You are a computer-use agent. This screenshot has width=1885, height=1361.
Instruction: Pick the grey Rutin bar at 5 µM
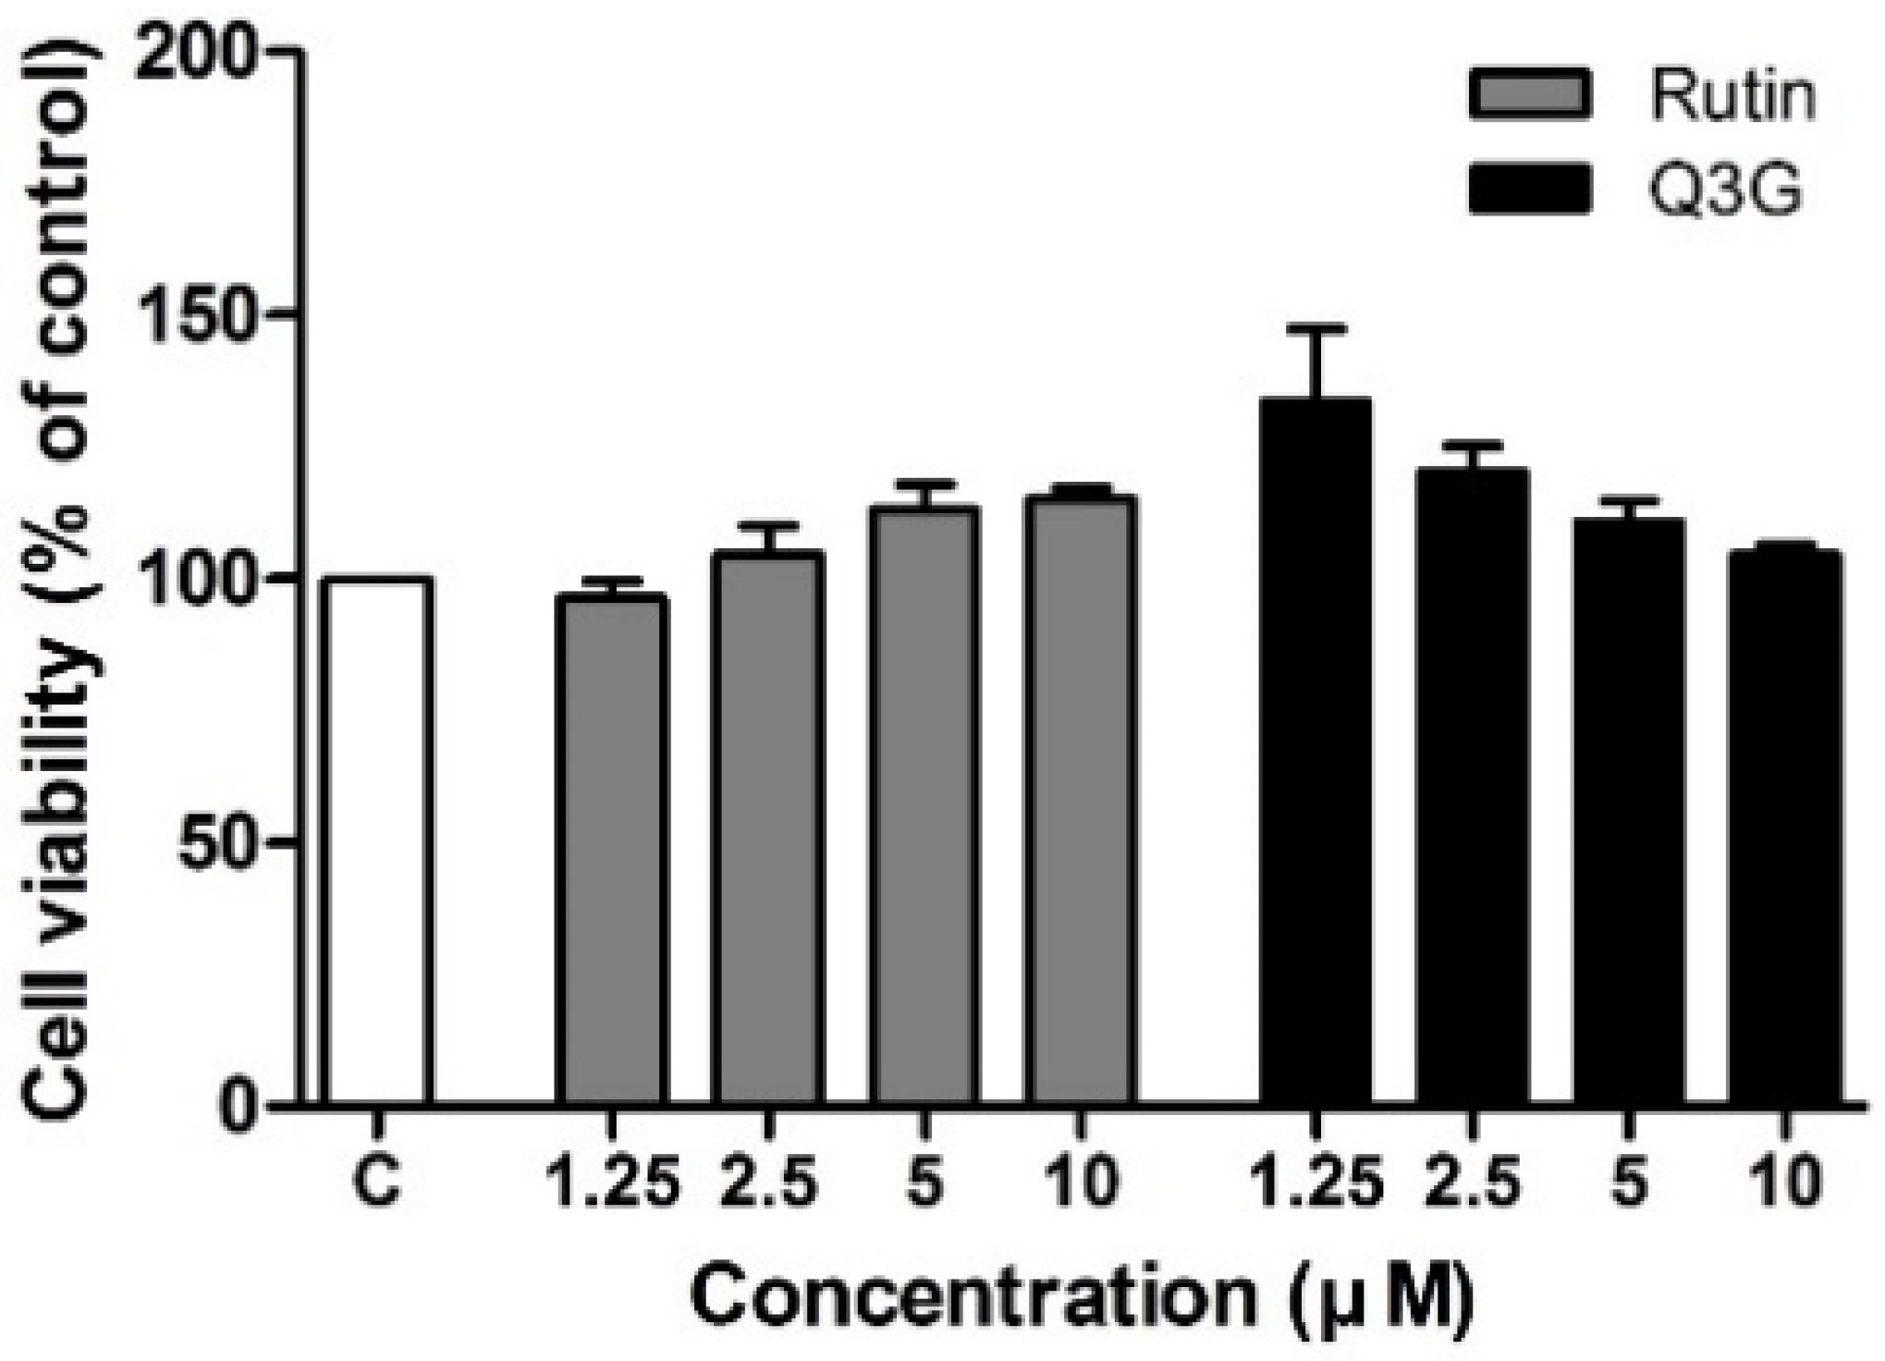[924, 804]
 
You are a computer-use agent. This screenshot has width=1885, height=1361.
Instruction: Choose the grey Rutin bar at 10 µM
[1080, 800]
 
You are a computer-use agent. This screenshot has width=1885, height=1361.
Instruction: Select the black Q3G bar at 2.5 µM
[1472, 786]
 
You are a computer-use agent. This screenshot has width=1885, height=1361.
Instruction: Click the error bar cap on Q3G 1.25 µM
[1315, 328]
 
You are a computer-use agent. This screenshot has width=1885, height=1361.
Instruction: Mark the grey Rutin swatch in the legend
[1529, 93]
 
